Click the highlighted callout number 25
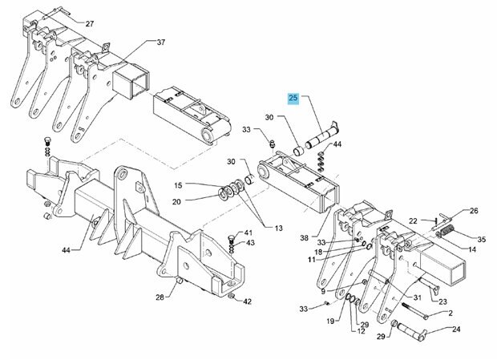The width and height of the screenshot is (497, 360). tap(293, 98)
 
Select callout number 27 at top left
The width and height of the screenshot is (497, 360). tap(90, 23)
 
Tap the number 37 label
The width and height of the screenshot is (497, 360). tap(160, 42)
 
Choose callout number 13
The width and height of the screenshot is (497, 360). tap(278, 228)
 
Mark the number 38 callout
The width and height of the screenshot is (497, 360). tap(304, 238)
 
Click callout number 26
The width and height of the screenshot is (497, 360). tap(473, 211)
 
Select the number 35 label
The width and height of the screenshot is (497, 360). tap(481, 239)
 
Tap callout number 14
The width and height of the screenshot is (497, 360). tap(471, 249)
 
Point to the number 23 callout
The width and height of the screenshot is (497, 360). tap(442, 301)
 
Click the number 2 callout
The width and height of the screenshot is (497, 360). tap(451, 313)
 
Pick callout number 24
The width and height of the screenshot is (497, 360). tap(456, 329)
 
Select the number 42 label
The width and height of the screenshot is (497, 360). tap(247, 301)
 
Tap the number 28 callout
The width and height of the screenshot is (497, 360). tap(160, 297)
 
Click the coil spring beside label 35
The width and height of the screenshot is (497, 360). tap(448, 232)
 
